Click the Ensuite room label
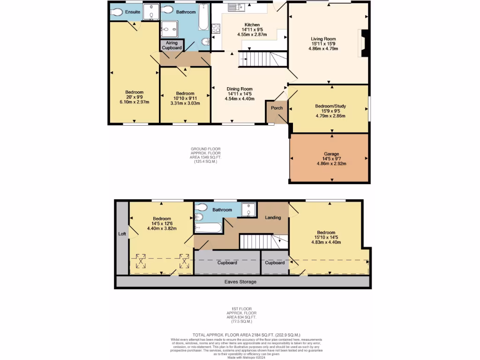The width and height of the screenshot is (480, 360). (133, 12)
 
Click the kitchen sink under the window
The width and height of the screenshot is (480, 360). (234, 7)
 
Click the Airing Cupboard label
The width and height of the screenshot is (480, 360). (172, 45)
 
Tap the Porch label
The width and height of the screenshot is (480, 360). (277, 108)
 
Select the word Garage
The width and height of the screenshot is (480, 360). (331, 154)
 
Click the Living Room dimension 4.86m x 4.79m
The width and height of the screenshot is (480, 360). (323, 49)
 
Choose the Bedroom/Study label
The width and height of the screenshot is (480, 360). (331, 106)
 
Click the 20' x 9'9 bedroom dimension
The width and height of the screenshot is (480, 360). (134, 97)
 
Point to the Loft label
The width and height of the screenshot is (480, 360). (122, 233)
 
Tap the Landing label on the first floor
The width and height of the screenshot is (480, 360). (273, 217)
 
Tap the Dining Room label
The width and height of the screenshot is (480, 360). (240, 89)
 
